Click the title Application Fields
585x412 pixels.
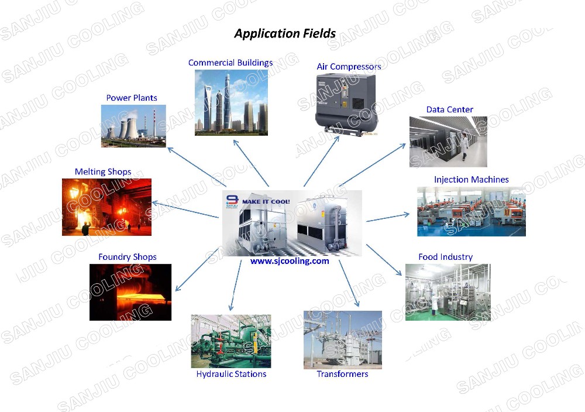(x=285, y=33)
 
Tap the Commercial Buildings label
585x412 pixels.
(x=230, y=63)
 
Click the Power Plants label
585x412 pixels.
(x=132, y=98)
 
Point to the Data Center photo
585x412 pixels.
(x=448, y=142)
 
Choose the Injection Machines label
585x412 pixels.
(x=471, y=180)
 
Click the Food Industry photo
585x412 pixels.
(x=448, y=292)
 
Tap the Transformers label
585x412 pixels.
(x=342, y=374)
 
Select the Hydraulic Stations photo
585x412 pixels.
(x=230, y=341)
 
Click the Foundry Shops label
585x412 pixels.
(x=128, y=257)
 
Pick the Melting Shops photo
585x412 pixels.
(x=106, y=207)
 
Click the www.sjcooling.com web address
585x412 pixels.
(x=290, y=262)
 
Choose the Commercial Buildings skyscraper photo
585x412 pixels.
(x=231, y=102)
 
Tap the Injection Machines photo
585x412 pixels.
(x=471, y=211)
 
